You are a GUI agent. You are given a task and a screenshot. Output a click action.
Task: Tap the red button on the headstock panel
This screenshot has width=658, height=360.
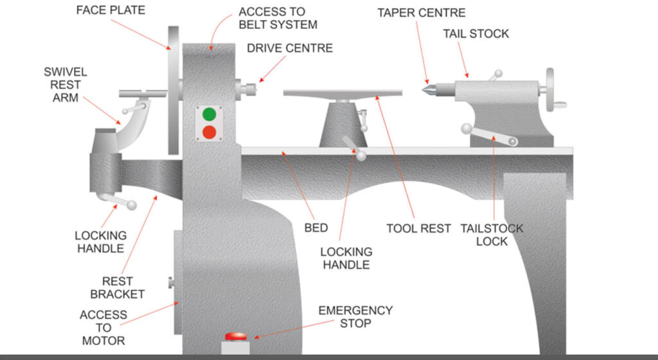coord(209,132)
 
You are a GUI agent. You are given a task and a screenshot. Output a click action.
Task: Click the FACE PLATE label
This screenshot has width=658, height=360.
coord(111,11)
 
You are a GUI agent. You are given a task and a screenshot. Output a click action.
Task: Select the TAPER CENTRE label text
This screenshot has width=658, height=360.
coord(421,13)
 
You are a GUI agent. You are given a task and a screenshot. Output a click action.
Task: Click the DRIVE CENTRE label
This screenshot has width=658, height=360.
coord(290,48)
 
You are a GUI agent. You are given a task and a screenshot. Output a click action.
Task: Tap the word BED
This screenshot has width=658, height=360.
coord(316,228)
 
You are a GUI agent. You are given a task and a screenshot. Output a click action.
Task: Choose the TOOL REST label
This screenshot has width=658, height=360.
coord(418,228)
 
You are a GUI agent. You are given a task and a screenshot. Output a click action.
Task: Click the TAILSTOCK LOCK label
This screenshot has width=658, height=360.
coord(492,235)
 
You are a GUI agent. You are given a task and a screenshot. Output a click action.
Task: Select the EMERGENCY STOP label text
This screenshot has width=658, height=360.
coord(355,317)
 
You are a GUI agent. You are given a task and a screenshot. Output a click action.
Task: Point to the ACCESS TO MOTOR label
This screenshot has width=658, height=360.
coord(103,327)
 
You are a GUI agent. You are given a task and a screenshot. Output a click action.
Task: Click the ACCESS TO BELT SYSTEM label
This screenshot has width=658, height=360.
coord(278,18)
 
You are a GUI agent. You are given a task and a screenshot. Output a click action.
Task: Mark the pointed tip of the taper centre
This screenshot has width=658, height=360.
coord(425,90)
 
